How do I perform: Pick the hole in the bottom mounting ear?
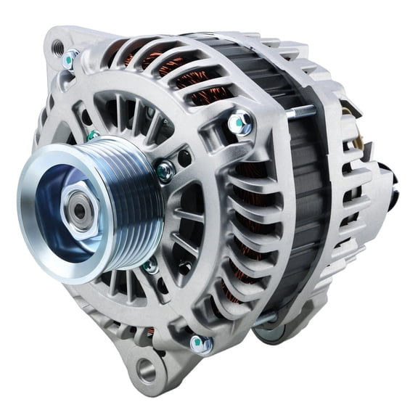(147, 370)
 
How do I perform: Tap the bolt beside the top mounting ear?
(70, 59)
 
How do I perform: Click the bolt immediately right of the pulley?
(165, 171)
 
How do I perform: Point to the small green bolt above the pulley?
(94, 134)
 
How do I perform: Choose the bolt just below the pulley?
(150, 265)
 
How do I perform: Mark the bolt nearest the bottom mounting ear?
(200, 343)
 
